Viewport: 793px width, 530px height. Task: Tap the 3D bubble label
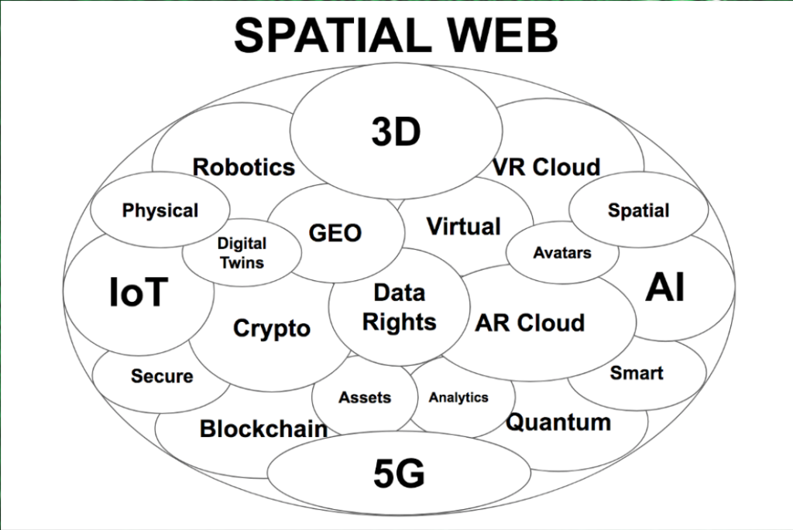click(x=396, y=132)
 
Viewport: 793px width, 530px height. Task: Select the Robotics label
click(x=244, y=167)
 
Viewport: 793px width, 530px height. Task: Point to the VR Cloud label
click(x=546, y=167)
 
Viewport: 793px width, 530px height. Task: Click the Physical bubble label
click(x=160, y=210)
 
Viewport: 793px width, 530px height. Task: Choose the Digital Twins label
click(x=242, y=253)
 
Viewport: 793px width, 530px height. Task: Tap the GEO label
click(x=335, y=233)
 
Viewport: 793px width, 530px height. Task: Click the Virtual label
click(x=464, y=227)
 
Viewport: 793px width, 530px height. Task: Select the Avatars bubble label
click(x=562, y=253)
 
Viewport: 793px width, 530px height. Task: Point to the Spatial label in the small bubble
click(x=638, y=210)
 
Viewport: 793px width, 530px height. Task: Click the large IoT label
click(x=139, y=292)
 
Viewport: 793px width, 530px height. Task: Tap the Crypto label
click(x=272, y=329)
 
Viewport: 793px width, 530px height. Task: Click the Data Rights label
click(x=399, y=307)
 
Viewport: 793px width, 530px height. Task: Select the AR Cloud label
click(x=530, y=323)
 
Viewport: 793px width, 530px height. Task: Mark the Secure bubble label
click(x=162, y=376)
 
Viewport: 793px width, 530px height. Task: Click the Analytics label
click(x=458, y=398)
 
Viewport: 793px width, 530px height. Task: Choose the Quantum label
click(x=558, y=422)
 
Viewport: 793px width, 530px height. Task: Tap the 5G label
click(x=399, y=474)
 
